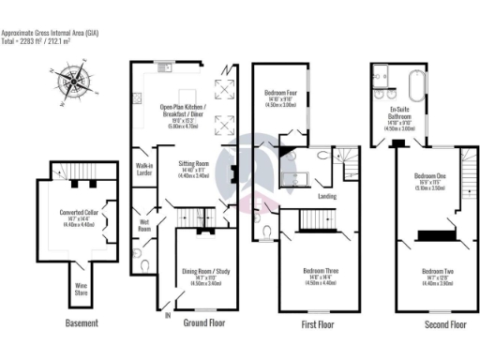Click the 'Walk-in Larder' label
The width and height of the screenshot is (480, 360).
[x=143, y=171]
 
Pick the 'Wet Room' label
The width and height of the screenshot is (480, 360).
[x=144, y=225]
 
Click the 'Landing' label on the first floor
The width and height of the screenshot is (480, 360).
[x=327, y=196]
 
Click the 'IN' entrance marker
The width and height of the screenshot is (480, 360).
[x=169, y=316]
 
